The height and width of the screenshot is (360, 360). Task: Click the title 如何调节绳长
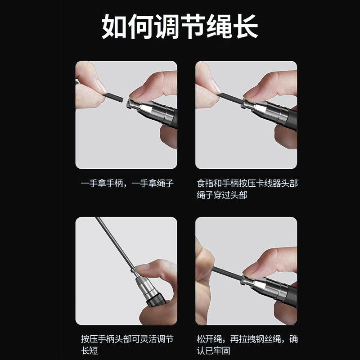(x=180, y=26)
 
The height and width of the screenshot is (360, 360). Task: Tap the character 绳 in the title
(x=219, y=26)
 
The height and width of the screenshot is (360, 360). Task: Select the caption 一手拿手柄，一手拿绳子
(x=127, y=184)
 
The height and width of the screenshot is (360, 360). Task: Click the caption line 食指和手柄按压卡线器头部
(x=247, y=184)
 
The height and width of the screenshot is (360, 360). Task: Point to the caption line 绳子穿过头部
(x=222, y=195)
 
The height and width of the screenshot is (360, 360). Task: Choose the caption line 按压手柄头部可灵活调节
(x=127, y=339)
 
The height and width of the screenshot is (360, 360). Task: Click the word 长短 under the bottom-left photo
(x=89, y=351)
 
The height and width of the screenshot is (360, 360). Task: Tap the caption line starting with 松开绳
(x=247, y=339)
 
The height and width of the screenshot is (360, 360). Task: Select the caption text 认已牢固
(x=213, y=351)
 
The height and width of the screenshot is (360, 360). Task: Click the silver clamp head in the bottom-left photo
(x=145, y=284)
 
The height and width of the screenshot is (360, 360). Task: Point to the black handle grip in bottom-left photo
(x=156, y=300)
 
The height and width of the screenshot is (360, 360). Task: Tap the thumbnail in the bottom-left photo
(x=143, y=268)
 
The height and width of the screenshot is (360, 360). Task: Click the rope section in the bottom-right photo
(x=227, y=273)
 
